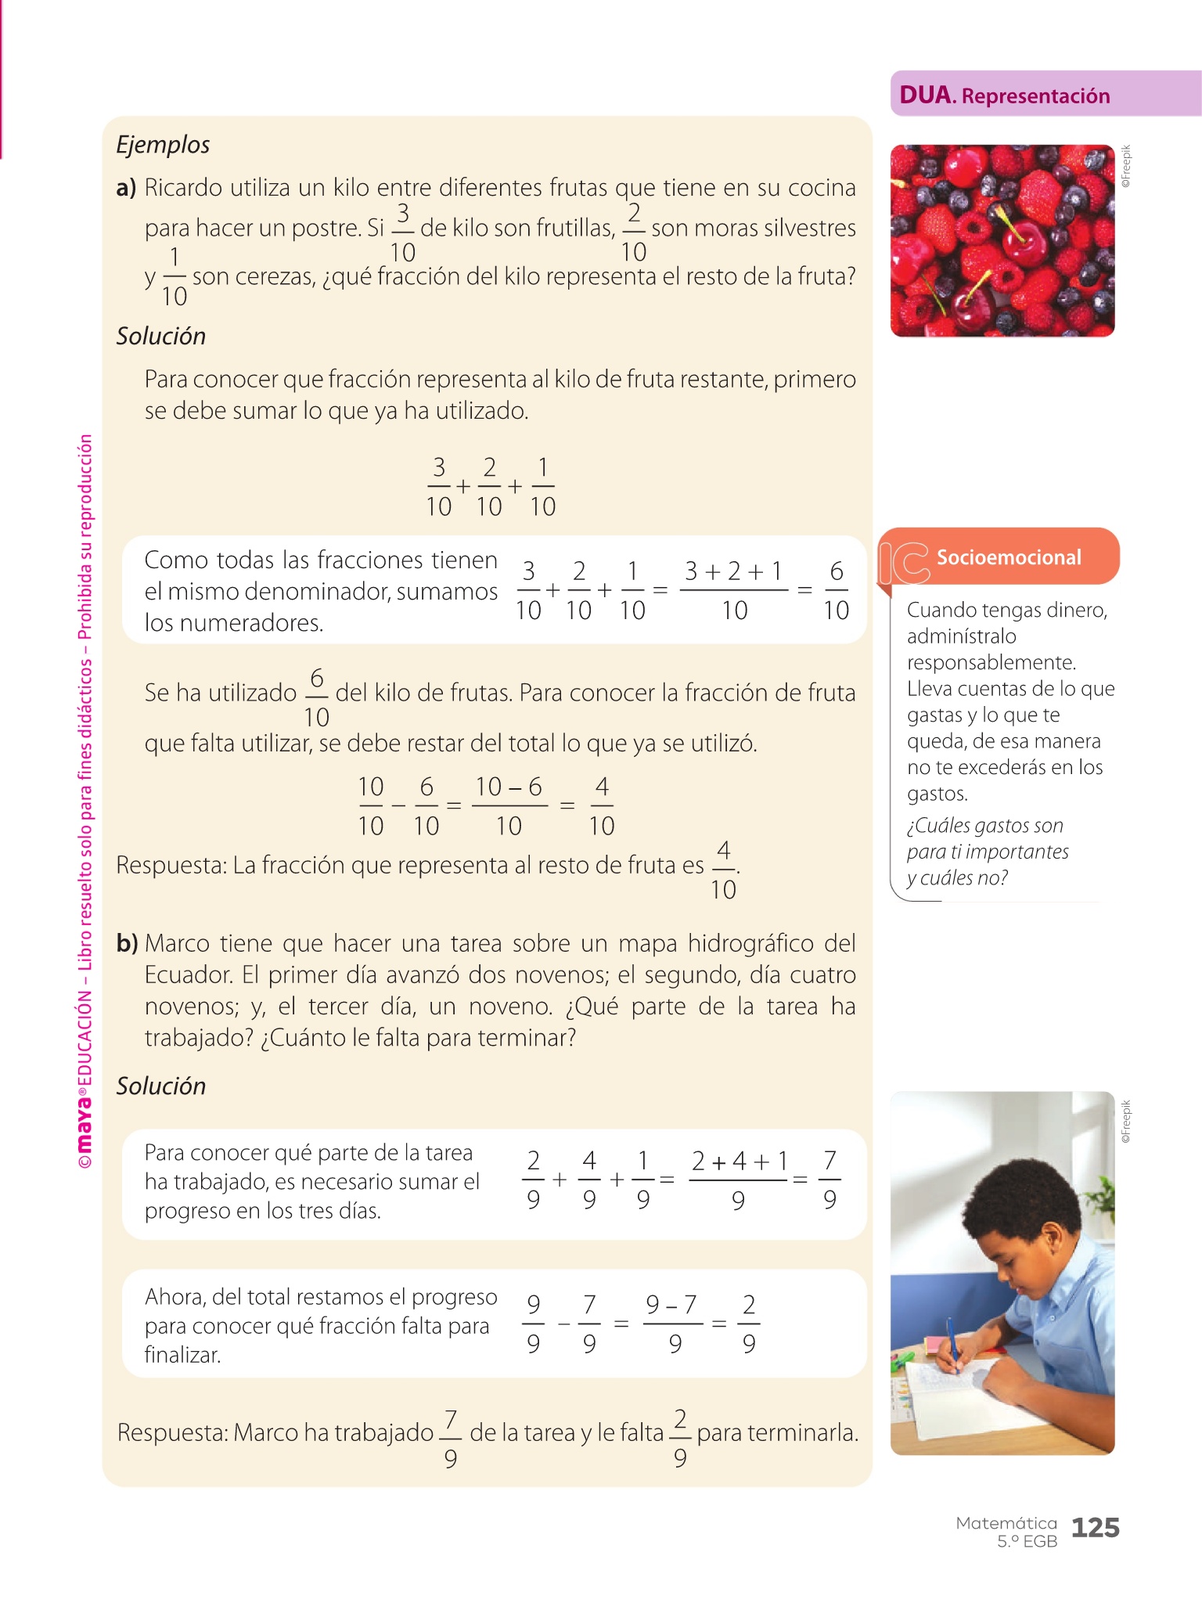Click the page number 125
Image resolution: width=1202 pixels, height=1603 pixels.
pyautogui.click(x=1095, y=1527)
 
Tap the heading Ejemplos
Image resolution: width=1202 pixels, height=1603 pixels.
pyautogui.click(x=163, y=145)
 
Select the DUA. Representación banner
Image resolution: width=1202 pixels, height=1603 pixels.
pyautogui.click(x=1005, y=95)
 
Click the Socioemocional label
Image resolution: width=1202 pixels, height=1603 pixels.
pyautogui.click(x=1009, y=557)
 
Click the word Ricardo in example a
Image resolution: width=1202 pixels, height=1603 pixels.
pyautogui.click(x=185, y=188)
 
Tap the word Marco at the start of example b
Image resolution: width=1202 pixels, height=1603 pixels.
pyautogui.click(x=176, y=943)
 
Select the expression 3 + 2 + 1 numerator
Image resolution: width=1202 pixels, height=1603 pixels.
pyautogui.click(x=733, y=571)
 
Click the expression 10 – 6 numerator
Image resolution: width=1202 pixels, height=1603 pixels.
pyautogui.click(x=509, y=787)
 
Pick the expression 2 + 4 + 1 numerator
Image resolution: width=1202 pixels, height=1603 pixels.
pyautogui.click(x=740, y=1161)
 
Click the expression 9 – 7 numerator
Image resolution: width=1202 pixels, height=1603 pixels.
pyautogui.click(x=671, y=1305)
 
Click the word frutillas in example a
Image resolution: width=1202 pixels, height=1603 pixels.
pyautogui.click(x=575, y=228)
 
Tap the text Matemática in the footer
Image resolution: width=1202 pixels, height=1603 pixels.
pyautogui.click(x=1006, y=1523)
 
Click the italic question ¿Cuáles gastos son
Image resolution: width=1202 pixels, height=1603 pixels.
pyautogui.click(x=984, y=826)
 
